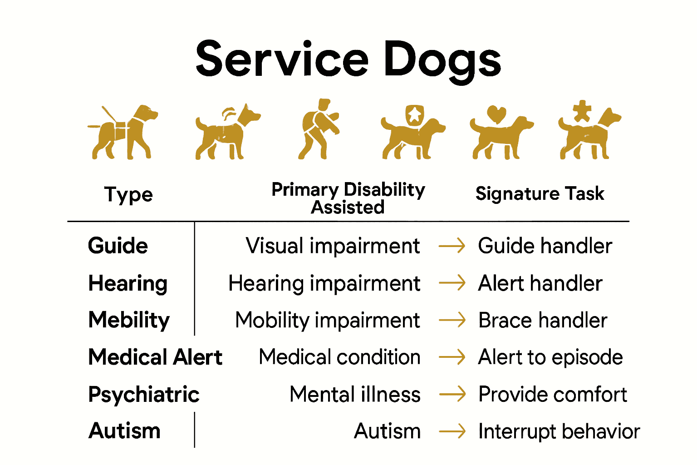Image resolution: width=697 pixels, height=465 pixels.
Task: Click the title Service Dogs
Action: pyautogui.click(x=348, y=59)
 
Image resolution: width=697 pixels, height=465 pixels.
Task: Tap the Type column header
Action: pyautogui.click(x=128, y=195)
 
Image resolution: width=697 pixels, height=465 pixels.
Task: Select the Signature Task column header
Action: pyautogui.click(x=540, y=194)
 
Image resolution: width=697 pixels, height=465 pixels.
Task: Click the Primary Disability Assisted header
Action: pyautogui.click(x=348, y=198)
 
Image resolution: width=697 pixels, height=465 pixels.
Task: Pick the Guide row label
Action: pyautogui.click(x=118, y=246)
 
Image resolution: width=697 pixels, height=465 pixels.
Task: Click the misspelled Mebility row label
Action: pyautogui.click(x=129, y=320)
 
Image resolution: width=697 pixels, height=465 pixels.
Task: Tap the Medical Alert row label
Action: pyautogui.click(x=155, y=357)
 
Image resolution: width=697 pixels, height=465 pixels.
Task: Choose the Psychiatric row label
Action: pyautogui.click(x=144, y=395)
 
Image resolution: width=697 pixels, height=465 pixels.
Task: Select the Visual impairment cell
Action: pyautogui.click(x=333, y=246)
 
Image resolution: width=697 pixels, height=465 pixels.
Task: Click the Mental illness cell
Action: pyautogui.click(x=355, y=394)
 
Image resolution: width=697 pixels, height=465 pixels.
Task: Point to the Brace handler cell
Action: pyautogui.click(x=543, y=321)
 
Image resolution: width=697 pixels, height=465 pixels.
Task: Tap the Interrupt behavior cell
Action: pyautogui.click(x=559, y=431)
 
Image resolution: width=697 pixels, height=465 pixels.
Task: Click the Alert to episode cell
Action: pyautogui.click(x=550, y=357)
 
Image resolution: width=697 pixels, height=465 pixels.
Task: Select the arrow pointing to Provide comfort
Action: pyautogui.click(x=452, y=394)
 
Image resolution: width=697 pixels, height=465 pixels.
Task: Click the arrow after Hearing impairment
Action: pyautogui.click(x=452, y=283)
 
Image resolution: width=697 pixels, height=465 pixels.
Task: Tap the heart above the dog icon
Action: pyautogui.click(x=496, y=114)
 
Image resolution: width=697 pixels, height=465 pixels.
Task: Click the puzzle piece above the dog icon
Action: pyautogui.click(x=582, y=111)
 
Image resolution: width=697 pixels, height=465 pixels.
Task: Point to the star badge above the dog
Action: pyautogui.click(x=414, y=114)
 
